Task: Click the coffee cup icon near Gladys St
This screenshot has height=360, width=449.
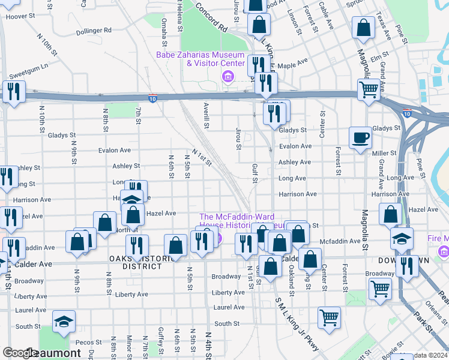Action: [361, 137]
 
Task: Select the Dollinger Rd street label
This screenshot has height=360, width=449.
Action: [93, 30]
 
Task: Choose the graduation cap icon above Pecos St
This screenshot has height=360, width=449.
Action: [63, 322]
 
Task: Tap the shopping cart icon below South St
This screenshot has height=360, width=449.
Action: [328, 317]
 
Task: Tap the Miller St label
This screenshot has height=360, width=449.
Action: [380, 153]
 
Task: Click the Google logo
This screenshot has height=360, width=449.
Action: [19, 353]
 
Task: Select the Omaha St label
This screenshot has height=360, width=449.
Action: [164, 32]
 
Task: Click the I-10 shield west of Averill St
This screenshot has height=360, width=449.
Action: [154, 98]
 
